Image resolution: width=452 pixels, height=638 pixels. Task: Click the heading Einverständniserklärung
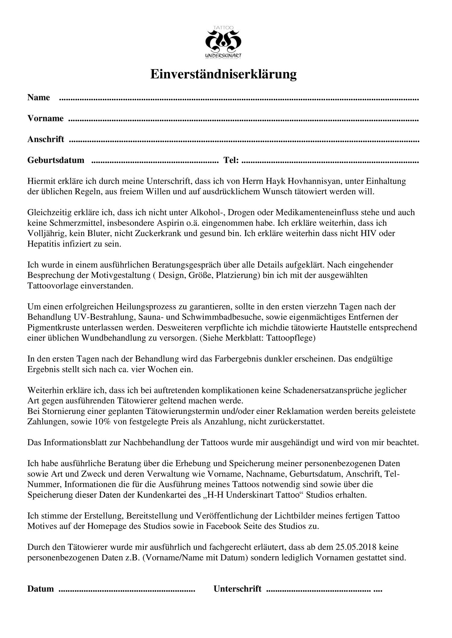pos(223,74)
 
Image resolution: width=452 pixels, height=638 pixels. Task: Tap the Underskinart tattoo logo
pos(223,42)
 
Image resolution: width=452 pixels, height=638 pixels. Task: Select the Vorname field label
pos(46,118)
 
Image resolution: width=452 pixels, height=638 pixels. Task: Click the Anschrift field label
pos(46,139)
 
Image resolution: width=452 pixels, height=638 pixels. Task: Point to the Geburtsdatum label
pos(56,160)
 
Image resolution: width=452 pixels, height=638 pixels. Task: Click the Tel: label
pos(231,160)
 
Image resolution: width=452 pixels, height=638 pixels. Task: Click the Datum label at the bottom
pos(41,589)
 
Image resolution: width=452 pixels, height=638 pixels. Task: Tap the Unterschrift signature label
pos(237,589)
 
